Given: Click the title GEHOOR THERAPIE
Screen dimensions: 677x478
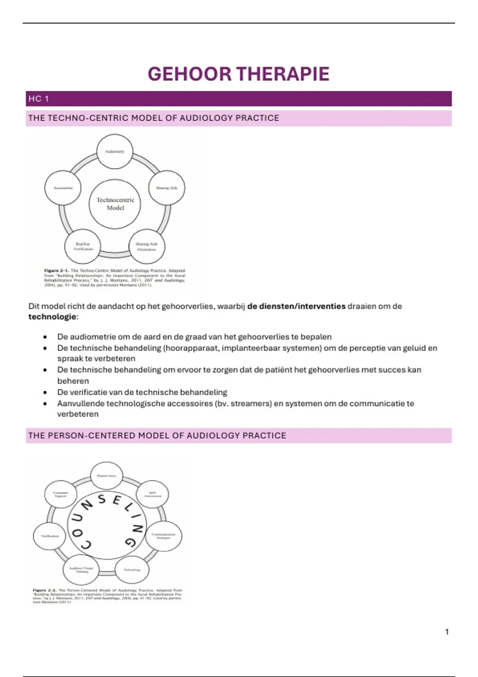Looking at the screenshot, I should (238, 74).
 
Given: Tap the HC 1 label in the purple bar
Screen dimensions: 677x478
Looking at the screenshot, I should (39, 99).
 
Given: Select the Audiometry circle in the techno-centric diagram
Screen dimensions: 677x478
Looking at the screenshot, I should (115, 152).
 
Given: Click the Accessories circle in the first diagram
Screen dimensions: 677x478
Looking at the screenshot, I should (63, 188).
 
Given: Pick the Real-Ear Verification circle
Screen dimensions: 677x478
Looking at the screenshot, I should (83, 246).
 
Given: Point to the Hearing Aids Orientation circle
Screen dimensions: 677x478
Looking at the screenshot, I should (147, 247).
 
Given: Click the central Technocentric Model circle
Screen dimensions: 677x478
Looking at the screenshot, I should (115, 204).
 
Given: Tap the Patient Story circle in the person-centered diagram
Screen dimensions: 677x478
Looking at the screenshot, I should (106, 476).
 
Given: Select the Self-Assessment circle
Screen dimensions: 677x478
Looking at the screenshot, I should (153, 494).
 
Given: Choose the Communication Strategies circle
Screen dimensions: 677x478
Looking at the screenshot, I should (163, 536).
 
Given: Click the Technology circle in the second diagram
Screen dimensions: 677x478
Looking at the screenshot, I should (132, 570).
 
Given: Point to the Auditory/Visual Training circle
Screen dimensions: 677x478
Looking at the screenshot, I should (81, 569).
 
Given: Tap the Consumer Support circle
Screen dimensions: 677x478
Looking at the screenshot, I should (61, 494).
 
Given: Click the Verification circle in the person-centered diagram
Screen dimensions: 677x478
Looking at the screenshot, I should (50, 536).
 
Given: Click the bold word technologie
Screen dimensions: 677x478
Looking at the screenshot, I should (52, 317).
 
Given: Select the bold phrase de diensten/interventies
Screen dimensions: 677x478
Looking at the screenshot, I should (296, 306).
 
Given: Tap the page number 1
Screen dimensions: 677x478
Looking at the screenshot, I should (447, 632).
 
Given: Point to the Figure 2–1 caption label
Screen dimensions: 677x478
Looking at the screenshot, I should (56, 271).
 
